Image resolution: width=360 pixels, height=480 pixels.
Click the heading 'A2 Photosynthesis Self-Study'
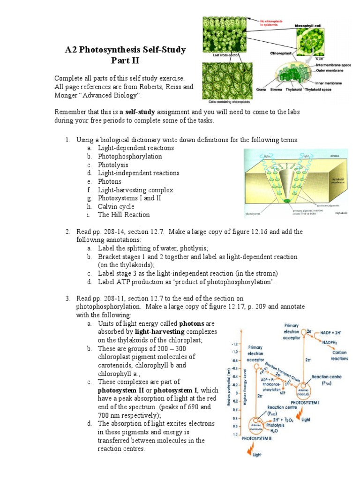click(x=125, y=50)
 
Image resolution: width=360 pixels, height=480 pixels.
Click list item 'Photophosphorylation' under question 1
click(x=130, y=157)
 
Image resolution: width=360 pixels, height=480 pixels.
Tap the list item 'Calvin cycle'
click(x=116, y=206)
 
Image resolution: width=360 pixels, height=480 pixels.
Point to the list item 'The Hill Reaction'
click(x=124, y=215)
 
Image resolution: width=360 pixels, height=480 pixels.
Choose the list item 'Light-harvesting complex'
click(x=135, y=190)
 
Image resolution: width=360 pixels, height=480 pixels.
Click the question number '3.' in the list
click(x=67, y=298)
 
